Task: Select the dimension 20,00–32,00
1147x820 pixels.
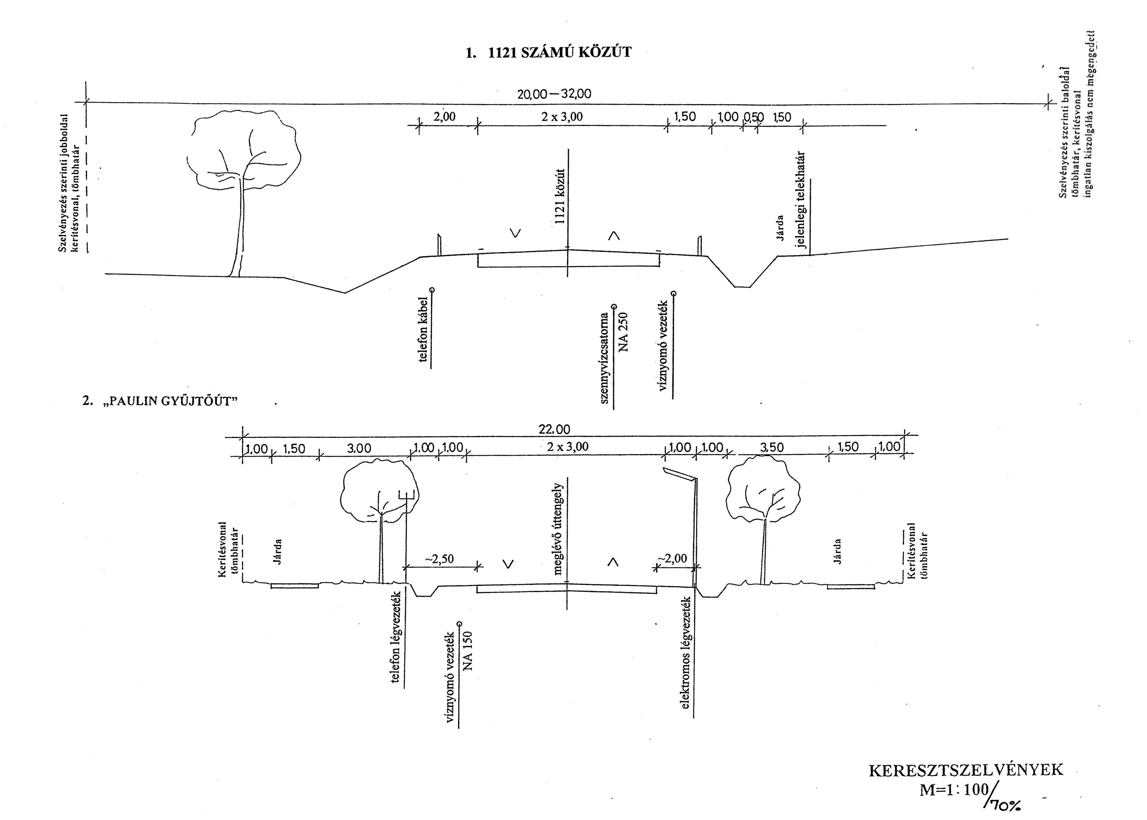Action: (554, 94)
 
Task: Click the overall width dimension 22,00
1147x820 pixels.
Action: (554, 430)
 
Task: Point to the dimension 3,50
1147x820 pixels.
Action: (772, 447)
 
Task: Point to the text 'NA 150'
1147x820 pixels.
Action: (469, 651)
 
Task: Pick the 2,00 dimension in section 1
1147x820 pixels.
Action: (444, 117)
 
